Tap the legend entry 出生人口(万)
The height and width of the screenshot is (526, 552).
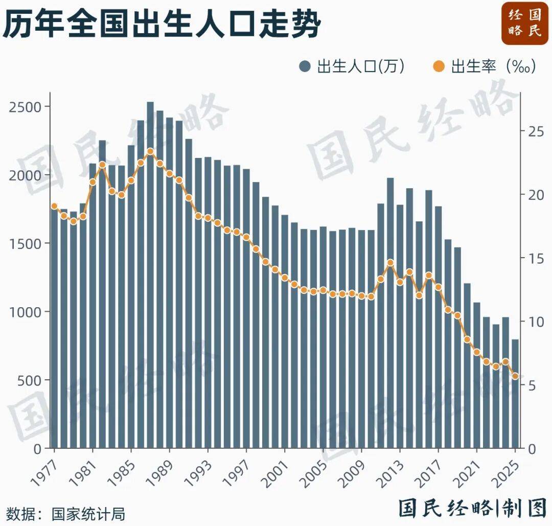[x=353, y=66]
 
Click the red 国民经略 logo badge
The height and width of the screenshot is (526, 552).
[x=524, y=22]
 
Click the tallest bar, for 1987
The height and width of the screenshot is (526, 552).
[x=150, y=276]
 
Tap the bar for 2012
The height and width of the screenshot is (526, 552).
[x=390, y=312]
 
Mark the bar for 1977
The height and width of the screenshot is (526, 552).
[x=54, y=327]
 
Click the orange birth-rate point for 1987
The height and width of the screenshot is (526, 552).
[x=150, y=151]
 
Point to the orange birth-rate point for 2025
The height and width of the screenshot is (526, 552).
[x=515, y=376]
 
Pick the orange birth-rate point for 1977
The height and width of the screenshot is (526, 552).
[x=54, y=206]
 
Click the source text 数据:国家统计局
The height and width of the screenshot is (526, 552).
[x=65, y=513]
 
